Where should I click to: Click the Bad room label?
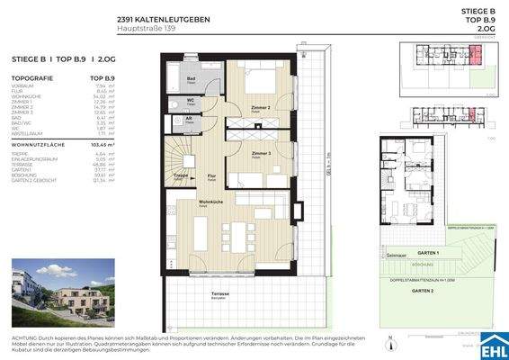click(x=192, y=78)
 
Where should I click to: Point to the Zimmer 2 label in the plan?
click(x=260, y=106)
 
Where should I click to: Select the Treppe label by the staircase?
click(x=179, y=177)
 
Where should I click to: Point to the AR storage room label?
click(x=188, y=118)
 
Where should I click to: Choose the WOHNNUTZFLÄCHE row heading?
click(x=43, y=144)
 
